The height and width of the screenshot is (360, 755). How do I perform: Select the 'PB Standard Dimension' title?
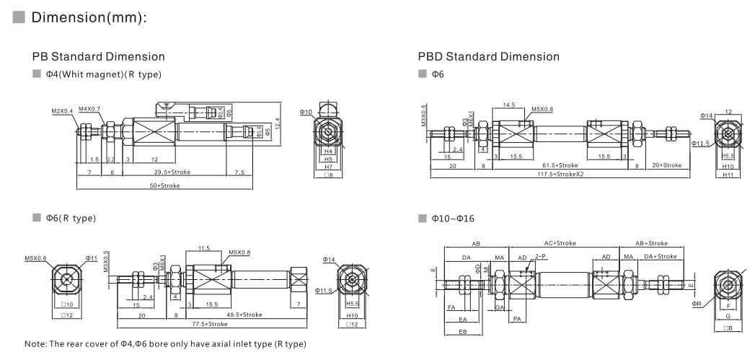(98, 56)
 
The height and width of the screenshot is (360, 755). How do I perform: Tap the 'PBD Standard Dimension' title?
(488, 56)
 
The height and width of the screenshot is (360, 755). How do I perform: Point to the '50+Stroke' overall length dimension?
(164, 185)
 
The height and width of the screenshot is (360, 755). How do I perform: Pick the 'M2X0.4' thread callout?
(63, 112)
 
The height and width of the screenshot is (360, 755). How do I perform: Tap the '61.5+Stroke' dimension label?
(560, 165)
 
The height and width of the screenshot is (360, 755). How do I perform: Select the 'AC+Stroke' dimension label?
(560, 243)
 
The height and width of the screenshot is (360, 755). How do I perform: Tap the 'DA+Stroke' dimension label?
(660, 256)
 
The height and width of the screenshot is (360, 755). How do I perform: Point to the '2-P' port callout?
(540, 256)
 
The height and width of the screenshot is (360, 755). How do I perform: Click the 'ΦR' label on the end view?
(696, 304)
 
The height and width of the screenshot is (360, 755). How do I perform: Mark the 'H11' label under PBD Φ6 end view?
(729, 175)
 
